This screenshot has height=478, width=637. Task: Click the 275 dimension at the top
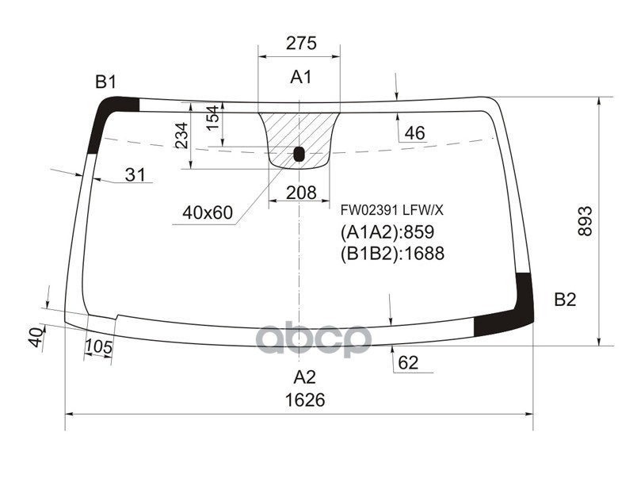click(x=300, y=44)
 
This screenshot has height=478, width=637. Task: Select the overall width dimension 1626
click(x=305, y=400)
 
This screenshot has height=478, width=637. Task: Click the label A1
click(x=300, y=78)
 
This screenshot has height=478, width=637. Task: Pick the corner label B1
click(x=106, y=81)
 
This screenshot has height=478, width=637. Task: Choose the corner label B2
click(x=564, y=299)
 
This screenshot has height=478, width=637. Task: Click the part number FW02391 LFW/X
click(x=392, y=211)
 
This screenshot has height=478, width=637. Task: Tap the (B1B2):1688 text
click(x=391, y=254)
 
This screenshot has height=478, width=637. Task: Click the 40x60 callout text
click(x=207, y=212)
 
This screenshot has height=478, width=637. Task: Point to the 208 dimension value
click(x=300, y=192)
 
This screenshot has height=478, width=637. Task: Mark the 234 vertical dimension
click(x=181, y=136)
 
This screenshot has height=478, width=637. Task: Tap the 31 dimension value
click(x=135, y=175)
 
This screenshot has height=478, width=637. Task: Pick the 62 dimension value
click(x=408, y=363)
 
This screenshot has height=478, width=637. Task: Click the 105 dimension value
click(x=97, y=346)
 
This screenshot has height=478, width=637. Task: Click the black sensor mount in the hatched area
click(x=299, y=154)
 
